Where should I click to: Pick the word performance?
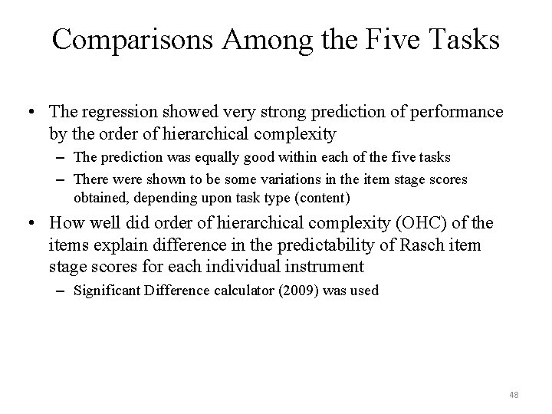455,113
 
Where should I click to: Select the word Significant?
108,291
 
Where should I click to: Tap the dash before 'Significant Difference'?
62,291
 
